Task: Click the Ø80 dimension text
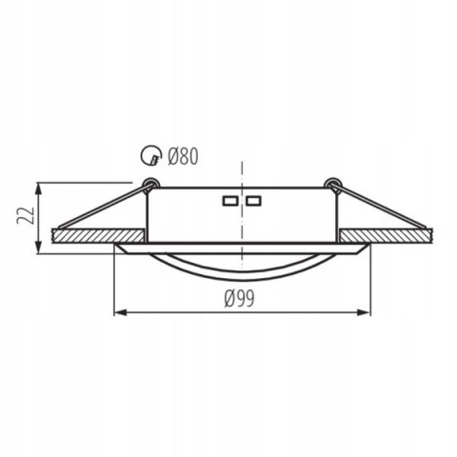(x=183, y=156)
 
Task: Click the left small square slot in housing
(x=229, y=202)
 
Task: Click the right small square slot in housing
(x=253, y=202)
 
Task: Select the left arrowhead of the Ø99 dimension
(x=119, y=311)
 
